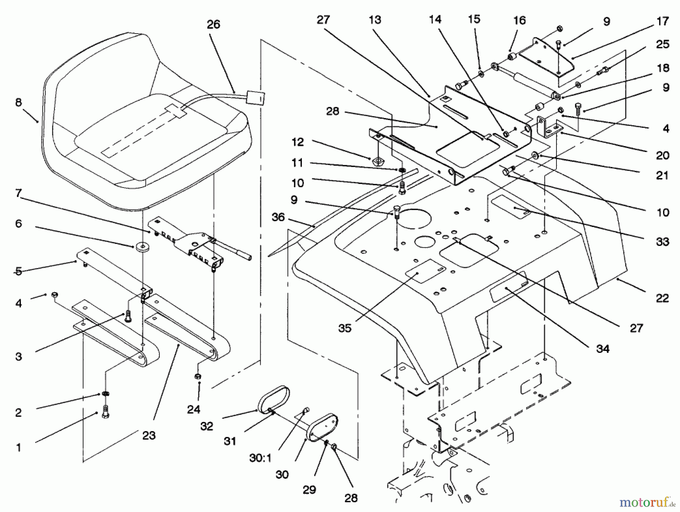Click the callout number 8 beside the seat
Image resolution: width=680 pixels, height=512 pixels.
point(19,102)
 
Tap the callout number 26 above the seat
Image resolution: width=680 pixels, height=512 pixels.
point(213,25)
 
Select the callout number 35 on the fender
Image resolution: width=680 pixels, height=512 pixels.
point(345,328)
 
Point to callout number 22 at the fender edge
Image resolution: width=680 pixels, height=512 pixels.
point(662,298)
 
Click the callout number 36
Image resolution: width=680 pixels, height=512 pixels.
point(278,217)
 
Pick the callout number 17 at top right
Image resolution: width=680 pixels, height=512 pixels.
point(663,22)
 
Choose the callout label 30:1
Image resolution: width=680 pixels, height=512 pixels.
point(261,458)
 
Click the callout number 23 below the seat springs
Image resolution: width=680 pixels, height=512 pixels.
point(149,435)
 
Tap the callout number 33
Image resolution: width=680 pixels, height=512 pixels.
point(663,242)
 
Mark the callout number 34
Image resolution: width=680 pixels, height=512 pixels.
point(603,349)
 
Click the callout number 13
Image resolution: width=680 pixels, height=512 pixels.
point(375,20)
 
